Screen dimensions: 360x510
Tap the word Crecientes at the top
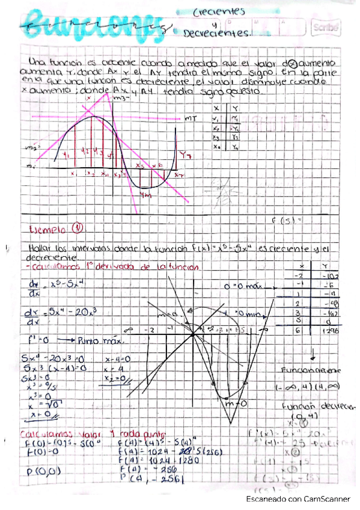point(219,11)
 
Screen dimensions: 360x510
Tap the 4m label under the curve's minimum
point(144,195)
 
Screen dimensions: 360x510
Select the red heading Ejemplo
point(49,229)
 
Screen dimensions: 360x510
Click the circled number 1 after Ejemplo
point(77,228)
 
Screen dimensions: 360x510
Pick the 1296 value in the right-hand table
point(328,331)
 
